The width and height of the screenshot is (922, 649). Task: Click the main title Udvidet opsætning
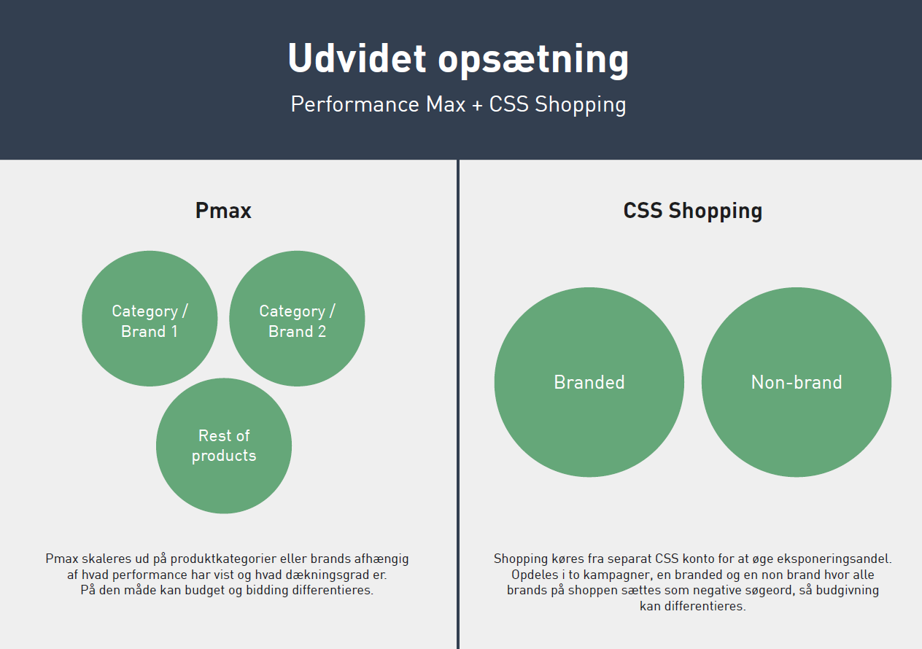(458, 58)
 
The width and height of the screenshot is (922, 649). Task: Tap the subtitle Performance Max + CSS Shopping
(458, 104)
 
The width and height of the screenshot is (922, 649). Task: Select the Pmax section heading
(223, 211)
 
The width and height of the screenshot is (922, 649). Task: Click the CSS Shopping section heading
(692, 211)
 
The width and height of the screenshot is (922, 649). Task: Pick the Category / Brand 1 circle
(150, 319)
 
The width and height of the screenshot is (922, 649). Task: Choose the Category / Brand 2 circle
(297, 319)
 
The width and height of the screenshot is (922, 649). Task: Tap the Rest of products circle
(224, 446)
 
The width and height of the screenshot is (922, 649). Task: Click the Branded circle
(589, 382)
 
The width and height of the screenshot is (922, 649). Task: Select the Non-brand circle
(797, 382)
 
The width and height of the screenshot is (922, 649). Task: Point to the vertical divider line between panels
(458, 401)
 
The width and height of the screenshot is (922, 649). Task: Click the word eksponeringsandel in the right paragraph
(839, 559)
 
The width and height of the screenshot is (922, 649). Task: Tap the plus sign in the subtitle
(477, 105)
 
